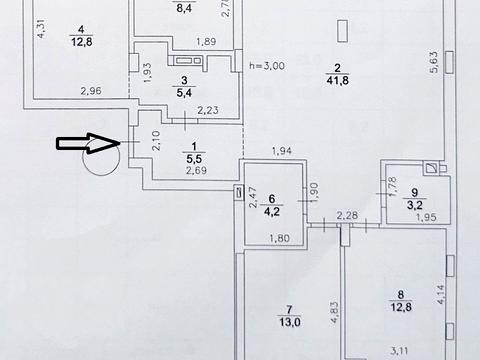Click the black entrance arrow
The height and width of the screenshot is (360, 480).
[x=88, y=143]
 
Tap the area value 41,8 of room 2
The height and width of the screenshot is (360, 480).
[x=337, y=80]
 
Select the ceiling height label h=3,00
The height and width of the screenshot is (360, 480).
[x=267, y=66]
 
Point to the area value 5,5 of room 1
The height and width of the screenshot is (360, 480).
[x=194, y=158]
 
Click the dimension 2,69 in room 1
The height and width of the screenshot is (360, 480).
[x=196, y=170]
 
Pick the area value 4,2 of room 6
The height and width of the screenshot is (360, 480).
[x=272, y=211]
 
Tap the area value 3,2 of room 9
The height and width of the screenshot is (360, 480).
[x=415, y=205]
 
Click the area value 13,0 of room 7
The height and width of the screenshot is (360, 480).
[x=289, y=322]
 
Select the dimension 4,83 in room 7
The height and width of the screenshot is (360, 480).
[x=334, y=313]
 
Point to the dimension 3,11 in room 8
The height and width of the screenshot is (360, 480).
[x=401, y=350]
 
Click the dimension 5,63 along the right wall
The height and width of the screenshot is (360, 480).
[x=434, y=62]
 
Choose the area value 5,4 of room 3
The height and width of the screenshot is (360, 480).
[x=184, y=92]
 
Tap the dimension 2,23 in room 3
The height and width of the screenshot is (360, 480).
[x=208, y=110]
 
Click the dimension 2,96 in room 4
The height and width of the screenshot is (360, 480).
[x=91, y=90]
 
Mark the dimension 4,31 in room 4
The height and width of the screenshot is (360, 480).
[x=41, y=28]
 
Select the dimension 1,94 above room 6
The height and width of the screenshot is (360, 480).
[x=282, y=151]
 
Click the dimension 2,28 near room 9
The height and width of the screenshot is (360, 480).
[x=347, y=215]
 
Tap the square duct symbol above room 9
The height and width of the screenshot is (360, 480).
[x=432, y=168]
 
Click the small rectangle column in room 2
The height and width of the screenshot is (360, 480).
[x=343, y=31]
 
